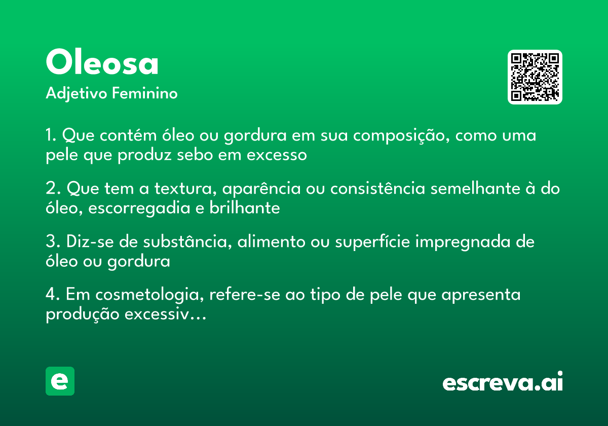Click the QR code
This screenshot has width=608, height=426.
click(x=535, y=77)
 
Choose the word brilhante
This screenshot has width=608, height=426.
click(x=245, y=208)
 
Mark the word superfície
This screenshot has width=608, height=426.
click(x=372, y=242)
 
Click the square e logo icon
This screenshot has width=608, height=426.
click(x=60, y=381)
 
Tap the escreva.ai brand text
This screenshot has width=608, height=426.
click(x=503, y=382)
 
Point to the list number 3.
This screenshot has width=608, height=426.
click(x=50, y=242)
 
